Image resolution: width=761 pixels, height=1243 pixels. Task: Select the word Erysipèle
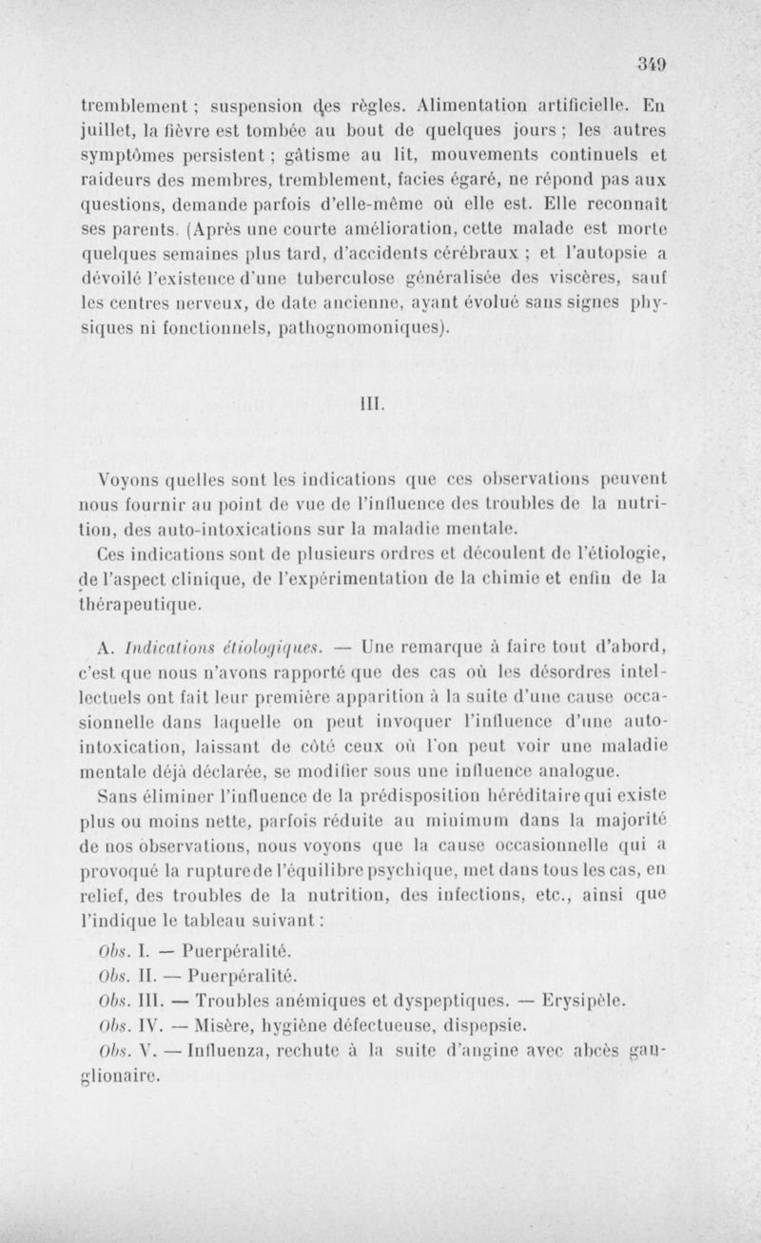click(581, 1000)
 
